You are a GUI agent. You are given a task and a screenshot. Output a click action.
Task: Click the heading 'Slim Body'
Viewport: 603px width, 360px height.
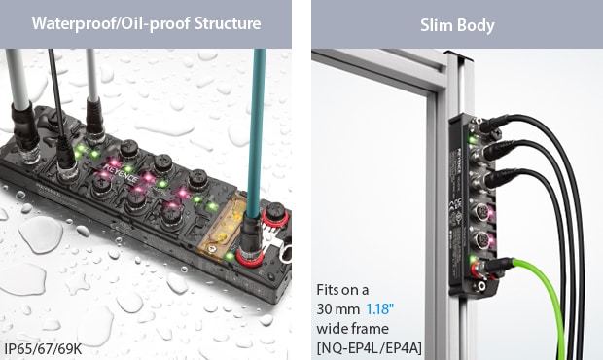[457, 24]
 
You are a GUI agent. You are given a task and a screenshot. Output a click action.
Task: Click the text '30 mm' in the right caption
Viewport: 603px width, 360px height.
[338, 308]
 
